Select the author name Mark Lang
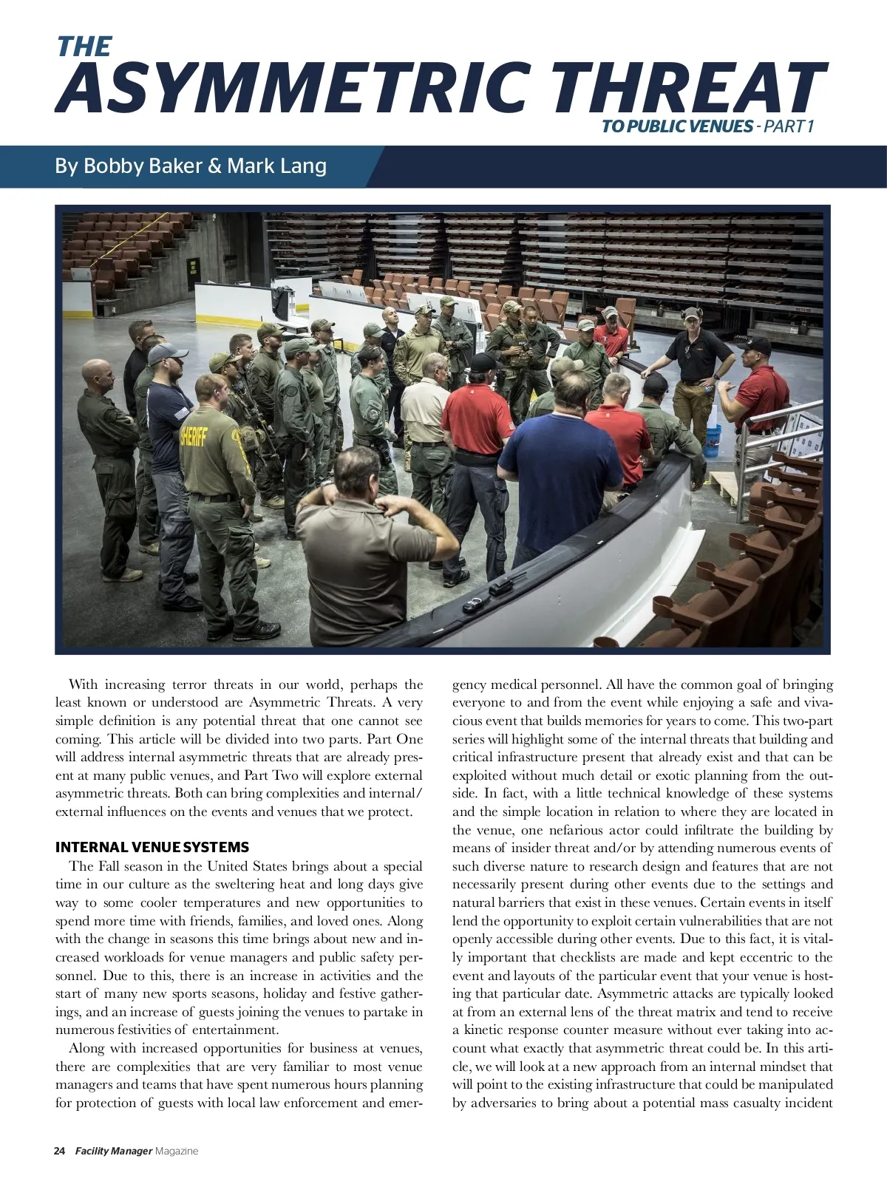point(276,166)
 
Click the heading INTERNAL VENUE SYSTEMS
point(152,848)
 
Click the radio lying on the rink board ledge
point(501,586)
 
